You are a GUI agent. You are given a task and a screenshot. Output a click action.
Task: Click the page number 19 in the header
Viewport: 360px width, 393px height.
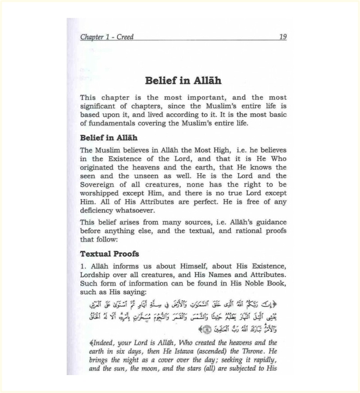point(282,37)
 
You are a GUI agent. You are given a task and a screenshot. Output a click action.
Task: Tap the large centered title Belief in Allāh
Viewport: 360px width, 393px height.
point(183,80)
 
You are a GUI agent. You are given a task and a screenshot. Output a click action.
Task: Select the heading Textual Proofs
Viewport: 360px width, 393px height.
point(110,253)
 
